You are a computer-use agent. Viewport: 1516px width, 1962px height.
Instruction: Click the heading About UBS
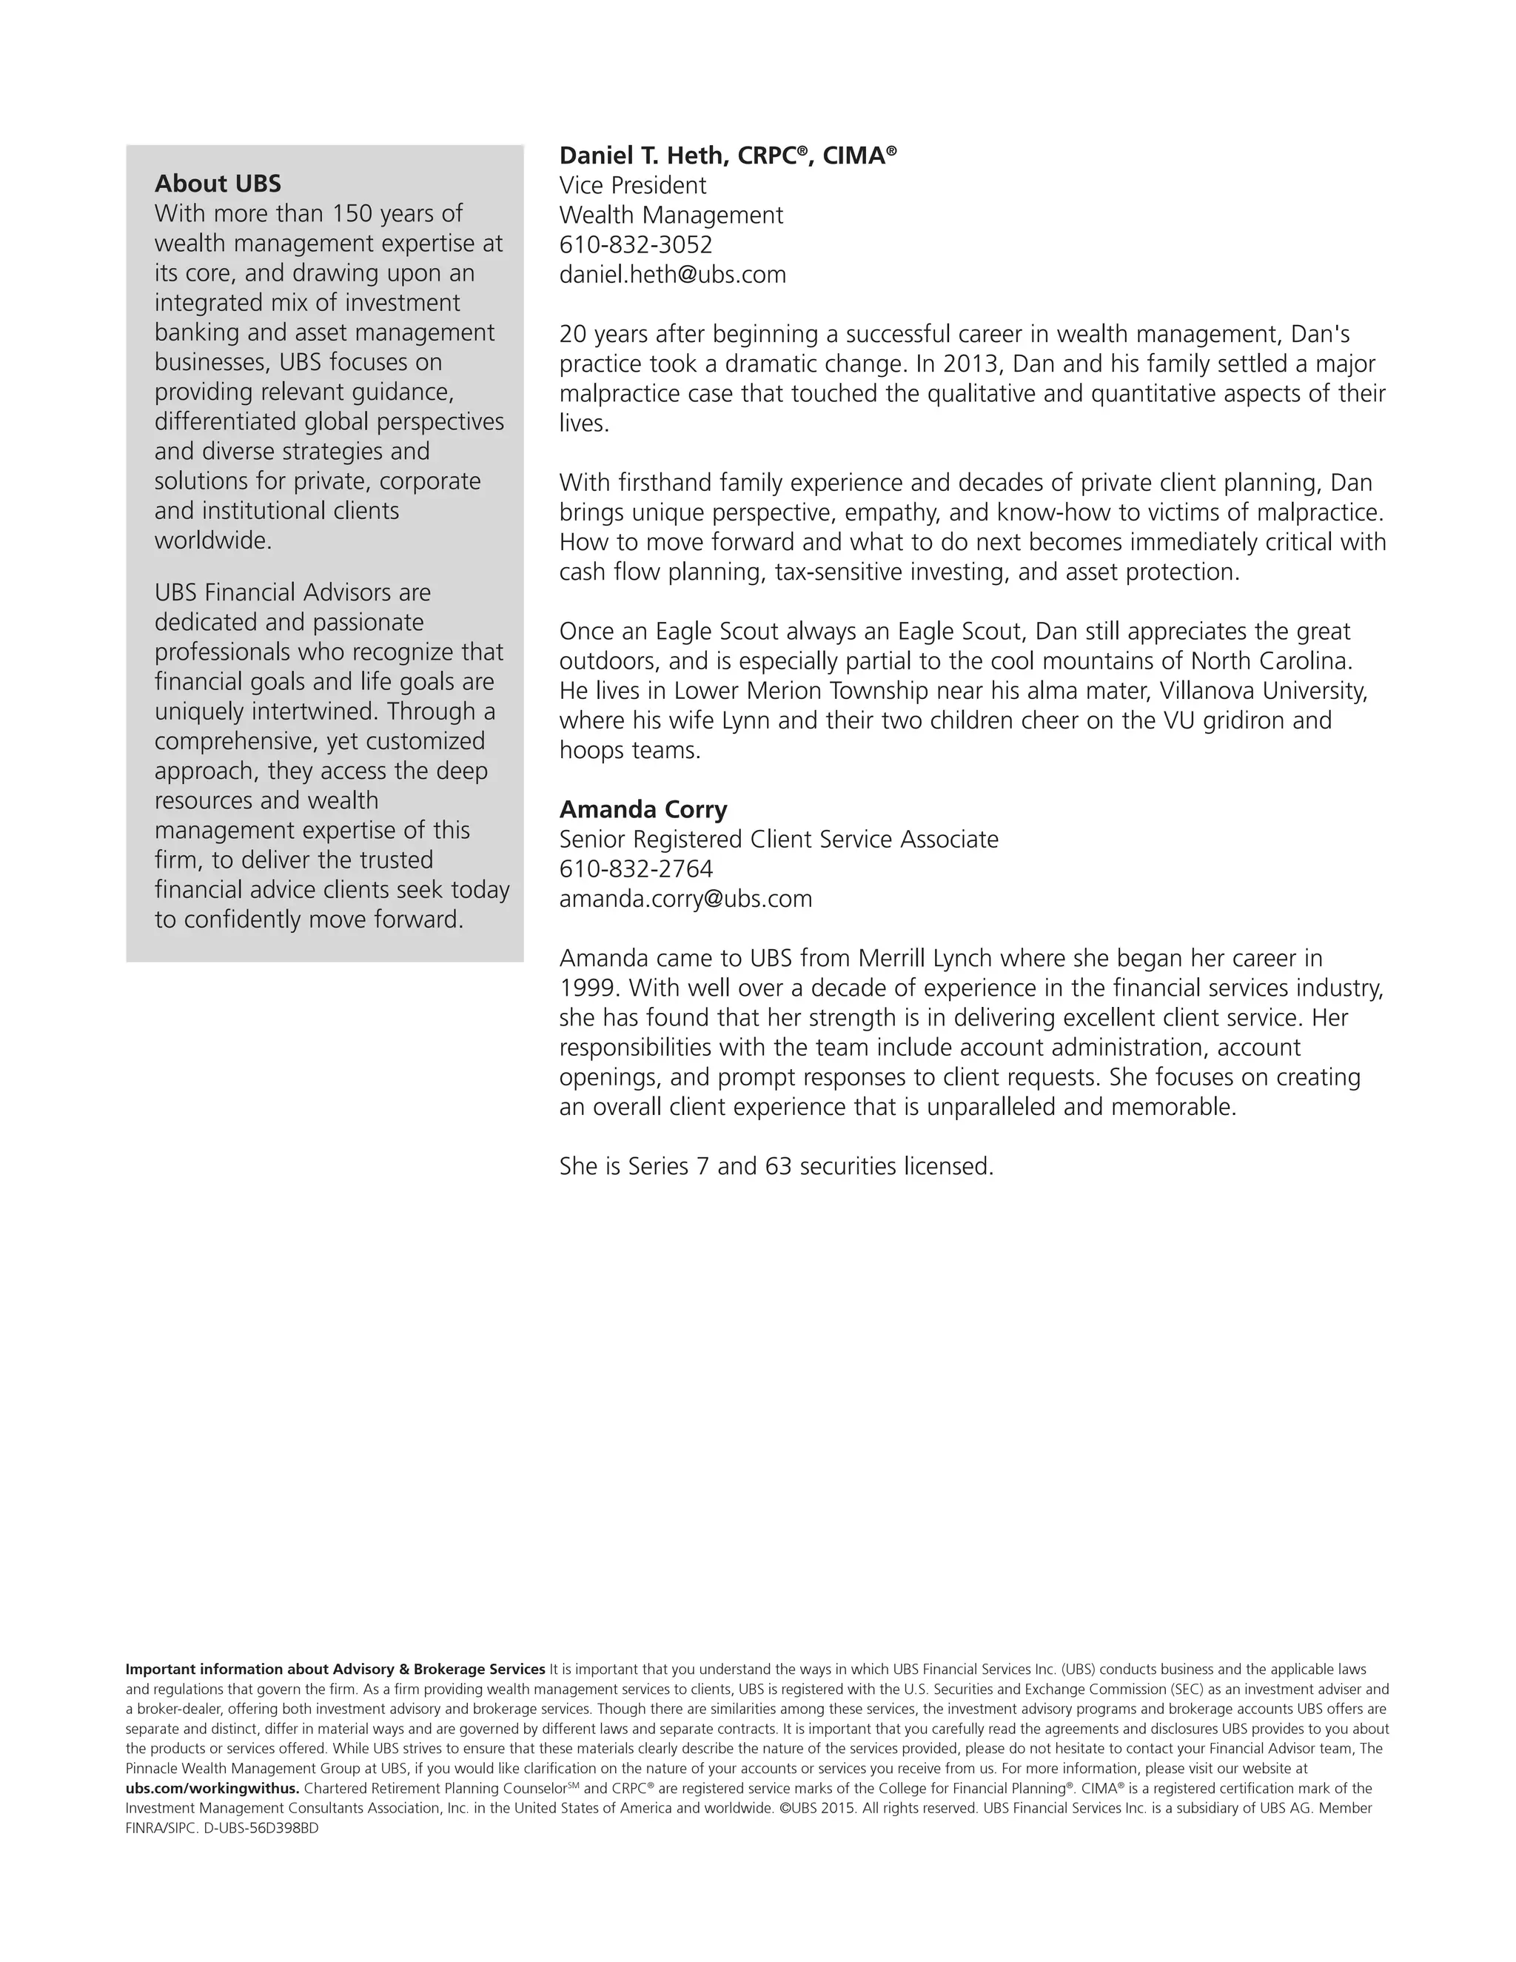pos(218,184)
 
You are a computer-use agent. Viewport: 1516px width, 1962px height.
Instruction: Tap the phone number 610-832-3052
pos(635,244)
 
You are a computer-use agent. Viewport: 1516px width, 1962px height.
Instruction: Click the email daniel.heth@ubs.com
pos(672,274)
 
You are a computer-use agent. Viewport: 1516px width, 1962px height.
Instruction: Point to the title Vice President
pos(632,185)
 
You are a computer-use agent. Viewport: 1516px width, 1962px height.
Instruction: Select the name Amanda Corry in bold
pos(643,809)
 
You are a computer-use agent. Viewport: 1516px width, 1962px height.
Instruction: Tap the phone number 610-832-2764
pos(636,868)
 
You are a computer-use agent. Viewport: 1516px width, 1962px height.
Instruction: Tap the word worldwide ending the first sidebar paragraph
pos(212,540)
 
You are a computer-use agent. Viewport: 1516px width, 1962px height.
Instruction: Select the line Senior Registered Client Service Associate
pos(779,839)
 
